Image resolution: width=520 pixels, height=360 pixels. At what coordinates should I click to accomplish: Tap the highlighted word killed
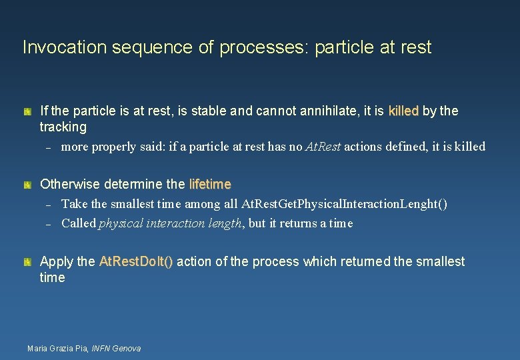pyautogui.click(x=403, y=111)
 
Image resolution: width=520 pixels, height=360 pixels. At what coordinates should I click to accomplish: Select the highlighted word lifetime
pyautogui.click(x=210, y=184)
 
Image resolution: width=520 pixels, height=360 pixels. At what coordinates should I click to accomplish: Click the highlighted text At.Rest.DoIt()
pyautogui.click(x=136, y=261)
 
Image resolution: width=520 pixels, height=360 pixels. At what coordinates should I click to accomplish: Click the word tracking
pyautogui.click(x=63, y=127)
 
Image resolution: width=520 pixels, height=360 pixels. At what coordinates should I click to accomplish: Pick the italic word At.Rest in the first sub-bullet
pyautogui.click(x=323, y=147)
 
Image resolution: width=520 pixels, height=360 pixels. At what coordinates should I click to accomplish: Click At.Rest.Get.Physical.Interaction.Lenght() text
pyautogui.click(x=345, y=204)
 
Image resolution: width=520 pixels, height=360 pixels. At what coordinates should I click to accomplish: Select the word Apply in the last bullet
pyautogui.click(x=58, y=261)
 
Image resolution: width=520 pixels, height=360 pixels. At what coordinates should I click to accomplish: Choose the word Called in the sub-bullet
pyautogui.click(x=78, y=223)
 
